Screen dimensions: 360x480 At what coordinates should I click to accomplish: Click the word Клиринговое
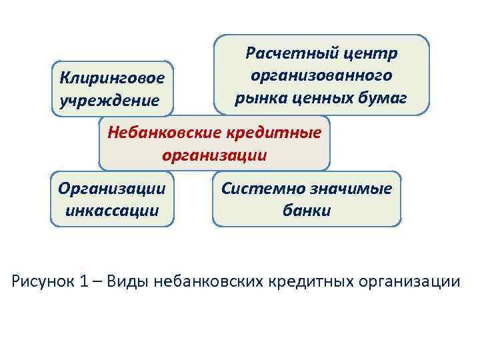point(111,79)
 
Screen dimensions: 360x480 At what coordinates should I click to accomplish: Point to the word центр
point(373,53)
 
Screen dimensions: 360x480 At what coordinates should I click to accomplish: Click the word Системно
point(262,189)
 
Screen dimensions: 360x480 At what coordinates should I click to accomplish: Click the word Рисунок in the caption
point(45,281)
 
